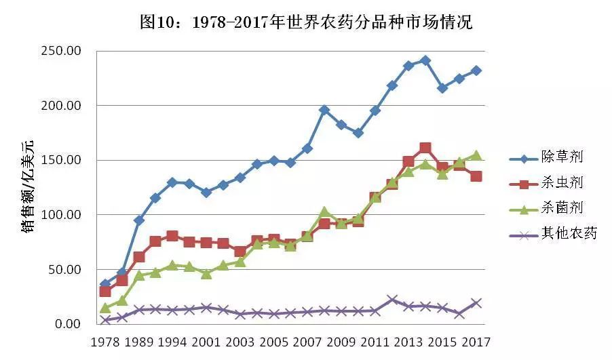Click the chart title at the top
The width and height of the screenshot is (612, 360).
point(305,22)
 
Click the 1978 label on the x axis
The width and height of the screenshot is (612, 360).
point(105,342)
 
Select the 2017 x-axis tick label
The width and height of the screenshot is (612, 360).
point(476,342)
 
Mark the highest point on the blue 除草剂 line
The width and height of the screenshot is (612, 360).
point(425,60)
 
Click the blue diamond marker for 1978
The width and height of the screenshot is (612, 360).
point(105,285)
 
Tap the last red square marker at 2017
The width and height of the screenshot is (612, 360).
point(476,176)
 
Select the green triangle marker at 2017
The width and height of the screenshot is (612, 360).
point(476,155)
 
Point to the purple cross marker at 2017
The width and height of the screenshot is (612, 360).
point(476,303)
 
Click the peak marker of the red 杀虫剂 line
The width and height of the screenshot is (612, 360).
point(425,148)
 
